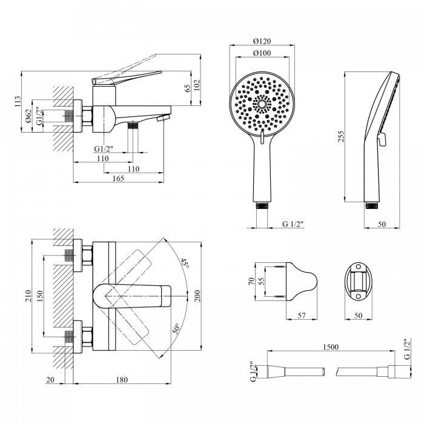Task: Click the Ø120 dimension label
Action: click(262, 41)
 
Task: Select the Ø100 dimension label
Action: click(262, 53)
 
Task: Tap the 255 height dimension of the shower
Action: click(341, 136)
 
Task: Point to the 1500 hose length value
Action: click(331, 346)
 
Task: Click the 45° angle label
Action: click(185, 263)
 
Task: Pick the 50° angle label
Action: click(176, 328)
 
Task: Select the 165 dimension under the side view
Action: click(118, 178)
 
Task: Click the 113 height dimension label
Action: click(18, 102)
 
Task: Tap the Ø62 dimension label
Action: click(29, 116)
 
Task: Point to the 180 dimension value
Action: click(122, 380)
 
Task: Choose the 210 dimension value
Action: click(28, 296)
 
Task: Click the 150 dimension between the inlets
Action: click(40, 296)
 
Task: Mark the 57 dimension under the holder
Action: click(301, 316)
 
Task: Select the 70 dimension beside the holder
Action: click(251, 281)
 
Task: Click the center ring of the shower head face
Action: click(262, 104)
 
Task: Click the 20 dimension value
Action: click(50, 380)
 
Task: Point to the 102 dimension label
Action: click(197, 85)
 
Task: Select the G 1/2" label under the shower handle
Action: click(293, 224)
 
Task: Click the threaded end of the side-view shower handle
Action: click(373, 205)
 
